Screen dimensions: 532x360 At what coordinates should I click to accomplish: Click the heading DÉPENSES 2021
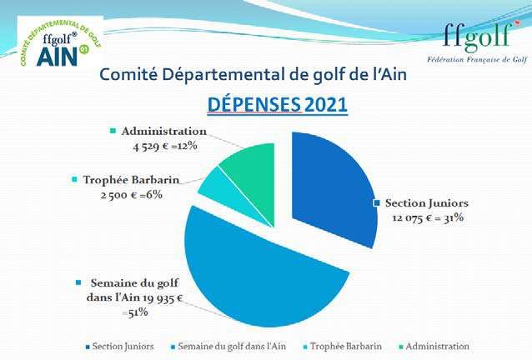click(277, 104)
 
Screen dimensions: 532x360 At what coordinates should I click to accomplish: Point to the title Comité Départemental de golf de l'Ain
click(253, 74)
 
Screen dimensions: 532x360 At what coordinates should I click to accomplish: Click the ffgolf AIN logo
click(60, 42)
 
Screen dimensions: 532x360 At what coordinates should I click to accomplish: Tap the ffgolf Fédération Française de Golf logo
click(478, 42)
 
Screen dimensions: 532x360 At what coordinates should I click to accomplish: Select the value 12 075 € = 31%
click(428, 217)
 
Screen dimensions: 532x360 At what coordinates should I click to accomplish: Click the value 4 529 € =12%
click(165, 146)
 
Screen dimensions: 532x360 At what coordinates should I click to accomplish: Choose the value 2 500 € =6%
click(131, 195)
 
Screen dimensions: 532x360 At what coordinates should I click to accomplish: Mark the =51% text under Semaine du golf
click(135, 312)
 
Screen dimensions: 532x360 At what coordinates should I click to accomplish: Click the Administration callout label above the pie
click(164, 131)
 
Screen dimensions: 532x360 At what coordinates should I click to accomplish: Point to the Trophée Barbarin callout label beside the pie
click(131, 180)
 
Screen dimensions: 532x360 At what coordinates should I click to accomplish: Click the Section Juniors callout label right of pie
click(427, 203)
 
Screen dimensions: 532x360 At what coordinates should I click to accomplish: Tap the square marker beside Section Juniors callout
click(376, 202)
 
